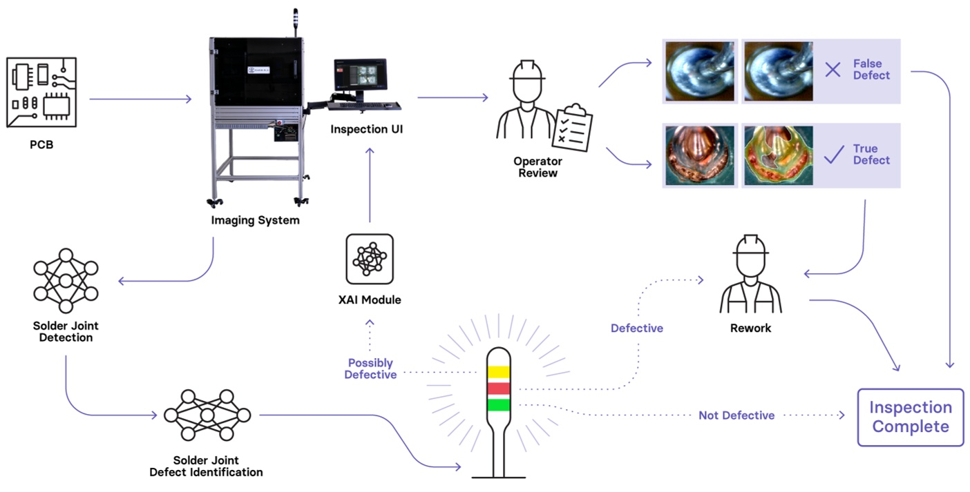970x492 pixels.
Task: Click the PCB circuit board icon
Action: point(41,92)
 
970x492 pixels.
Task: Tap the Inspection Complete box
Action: point(910,417)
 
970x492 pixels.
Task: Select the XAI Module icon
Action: point(370,259)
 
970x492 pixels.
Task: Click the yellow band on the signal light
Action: point(498,373)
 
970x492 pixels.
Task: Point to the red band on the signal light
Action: point(498,388)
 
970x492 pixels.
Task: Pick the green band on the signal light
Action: point(498,404)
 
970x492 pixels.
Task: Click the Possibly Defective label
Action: point(370,368)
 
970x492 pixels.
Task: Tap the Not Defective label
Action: point(736,415)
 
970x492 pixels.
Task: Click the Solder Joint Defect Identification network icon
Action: point(207,415)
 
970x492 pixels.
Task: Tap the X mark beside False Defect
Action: point(833,69)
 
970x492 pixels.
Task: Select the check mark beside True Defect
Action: point(834,155)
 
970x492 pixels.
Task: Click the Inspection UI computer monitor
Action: point(360,75)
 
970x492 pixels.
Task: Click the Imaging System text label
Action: point(255,220)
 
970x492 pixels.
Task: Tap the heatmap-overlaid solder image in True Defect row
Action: point(777,156)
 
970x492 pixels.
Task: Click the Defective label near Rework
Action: point(636,328)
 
